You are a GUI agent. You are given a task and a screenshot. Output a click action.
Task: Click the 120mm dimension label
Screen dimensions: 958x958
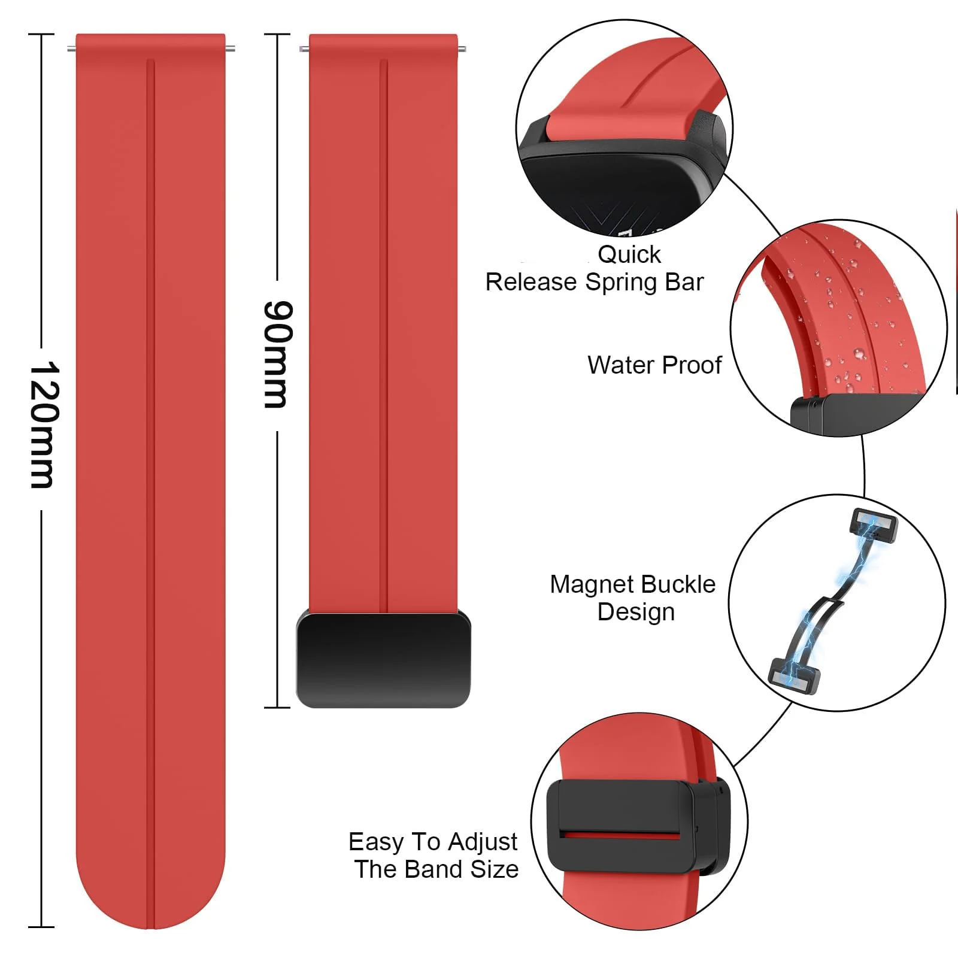click(44, 425)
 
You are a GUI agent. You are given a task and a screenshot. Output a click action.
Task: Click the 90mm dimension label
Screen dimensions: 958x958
click(278, 354)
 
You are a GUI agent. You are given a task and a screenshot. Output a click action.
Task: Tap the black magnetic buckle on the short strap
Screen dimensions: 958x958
click(383, 659)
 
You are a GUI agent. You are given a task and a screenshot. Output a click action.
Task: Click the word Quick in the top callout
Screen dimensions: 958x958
click(629, 254)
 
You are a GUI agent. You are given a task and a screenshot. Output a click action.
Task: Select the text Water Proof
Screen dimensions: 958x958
click(654, 365)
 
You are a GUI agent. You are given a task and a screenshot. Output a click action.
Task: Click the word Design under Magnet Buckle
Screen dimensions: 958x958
click(636, 612)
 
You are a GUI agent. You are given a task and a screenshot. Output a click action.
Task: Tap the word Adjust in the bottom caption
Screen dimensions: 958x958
click(483, 842)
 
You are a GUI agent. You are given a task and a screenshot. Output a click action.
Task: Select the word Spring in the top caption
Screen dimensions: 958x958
click(622, 283)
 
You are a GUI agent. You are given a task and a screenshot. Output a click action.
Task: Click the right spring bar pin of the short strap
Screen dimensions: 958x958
click(462, 49)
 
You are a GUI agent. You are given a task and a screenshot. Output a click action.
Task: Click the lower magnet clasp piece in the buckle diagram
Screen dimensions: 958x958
click(794, 676)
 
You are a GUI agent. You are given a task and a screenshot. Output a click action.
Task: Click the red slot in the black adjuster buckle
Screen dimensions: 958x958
click(620, 833)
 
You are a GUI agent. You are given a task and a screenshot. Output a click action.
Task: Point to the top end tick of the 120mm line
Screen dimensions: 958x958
click(41, 35)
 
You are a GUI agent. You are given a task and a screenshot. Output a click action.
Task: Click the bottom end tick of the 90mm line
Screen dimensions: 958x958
click(277, 707)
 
